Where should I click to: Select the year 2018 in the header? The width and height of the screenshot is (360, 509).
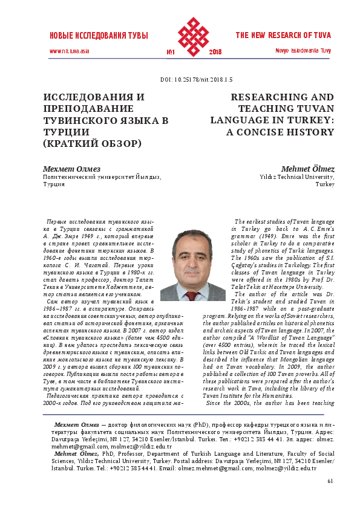[215, 52]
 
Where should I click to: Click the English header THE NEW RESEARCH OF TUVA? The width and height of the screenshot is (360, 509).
[284, 35]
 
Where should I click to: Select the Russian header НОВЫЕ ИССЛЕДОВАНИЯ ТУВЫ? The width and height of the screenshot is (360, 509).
[99, 36]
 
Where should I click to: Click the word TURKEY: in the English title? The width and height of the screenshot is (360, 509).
[309, 120]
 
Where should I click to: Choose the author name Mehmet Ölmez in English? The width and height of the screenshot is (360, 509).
[308, 169]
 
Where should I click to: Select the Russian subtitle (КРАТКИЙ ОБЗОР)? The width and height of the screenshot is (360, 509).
[91, 143]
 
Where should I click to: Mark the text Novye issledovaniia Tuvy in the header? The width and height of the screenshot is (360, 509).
[303, 50]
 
